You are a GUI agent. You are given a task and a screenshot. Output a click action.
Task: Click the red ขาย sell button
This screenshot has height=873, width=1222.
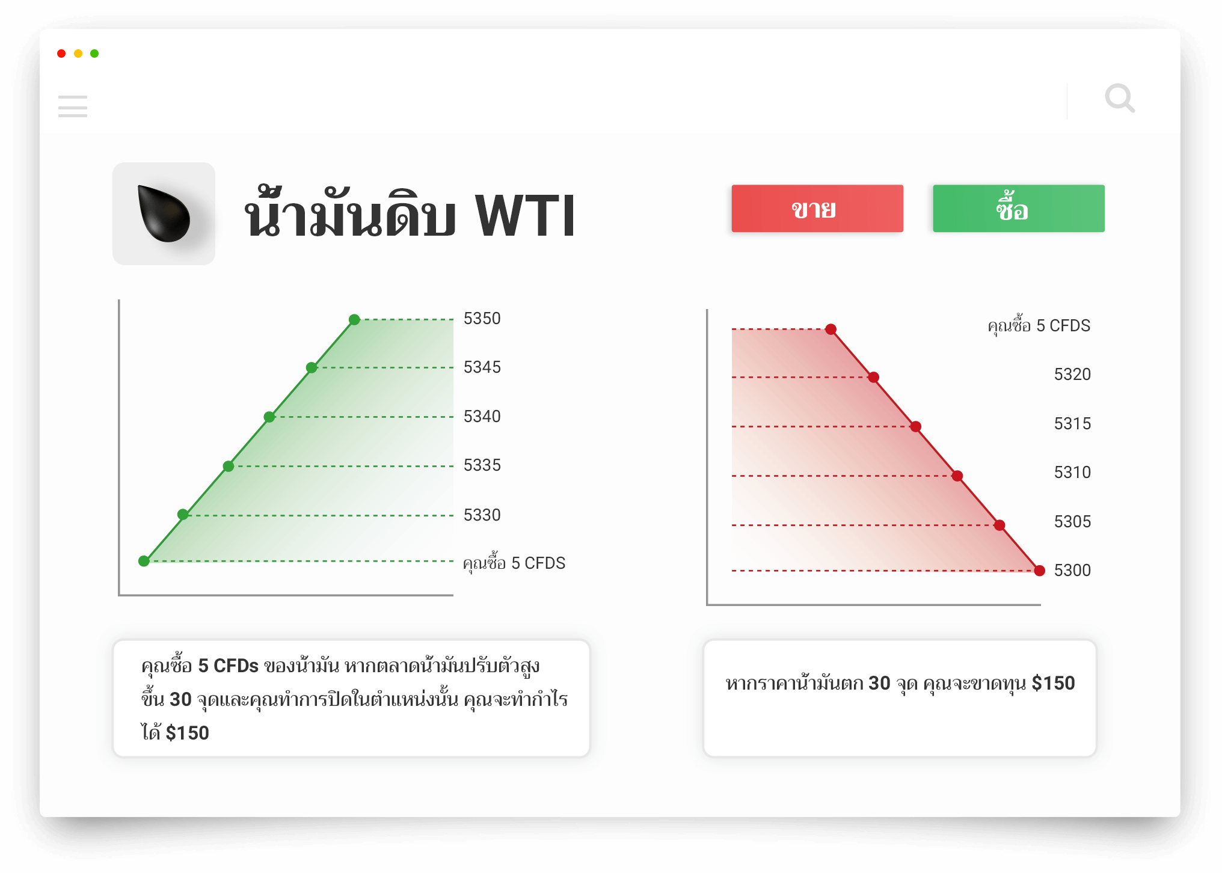point(817,209)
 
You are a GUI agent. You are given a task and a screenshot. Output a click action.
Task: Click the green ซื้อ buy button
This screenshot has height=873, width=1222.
point(1019,209)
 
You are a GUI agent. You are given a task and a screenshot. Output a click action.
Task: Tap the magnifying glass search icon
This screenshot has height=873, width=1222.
point(1120,98)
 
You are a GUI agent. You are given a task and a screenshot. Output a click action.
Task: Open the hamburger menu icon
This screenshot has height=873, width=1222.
point(73,106)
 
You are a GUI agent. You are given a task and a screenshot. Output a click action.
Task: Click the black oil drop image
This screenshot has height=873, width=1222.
point(164,213)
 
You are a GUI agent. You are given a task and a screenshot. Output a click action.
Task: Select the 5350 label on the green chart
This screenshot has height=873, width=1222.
point(482,319)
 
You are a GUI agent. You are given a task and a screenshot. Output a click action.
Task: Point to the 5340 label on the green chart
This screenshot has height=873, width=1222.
point(482,416)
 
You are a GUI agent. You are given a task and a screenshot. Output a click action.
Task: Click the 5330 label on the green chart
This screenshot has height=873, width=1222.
point(482,515)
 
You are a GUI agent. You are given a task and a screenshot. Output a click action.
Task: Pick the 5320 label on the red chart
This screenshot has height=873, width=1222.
point(1072,375)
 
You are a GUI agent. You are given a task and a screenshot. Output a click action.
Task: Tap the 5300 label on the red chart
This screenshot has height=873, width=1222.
point(1072,570)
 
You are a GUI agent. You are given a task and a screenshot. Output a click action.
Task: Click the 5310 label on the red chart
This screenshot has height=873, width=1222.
point(1072,473)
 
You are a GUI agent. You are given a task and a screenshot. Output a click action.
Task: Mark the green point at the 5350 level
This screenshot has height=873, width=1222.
point(354,319)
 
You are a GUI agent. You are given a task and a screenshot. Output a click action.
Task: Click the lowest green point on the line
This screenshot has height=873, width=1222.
point(144,561)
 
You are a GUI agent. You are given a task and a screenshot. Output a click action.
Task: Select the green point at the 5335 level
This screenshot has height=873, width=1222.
point(229,466)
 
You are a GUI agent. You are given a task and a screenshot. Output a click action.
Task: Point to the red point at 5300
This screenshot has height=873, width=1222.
point(1039,571)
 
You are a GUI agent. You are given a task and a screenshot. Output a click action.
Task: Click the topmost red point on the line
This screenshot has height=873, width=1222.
point(831,329)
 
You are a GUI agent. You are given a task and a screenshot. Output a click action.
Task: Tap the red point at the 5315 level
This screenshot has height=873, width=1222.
point(915,426)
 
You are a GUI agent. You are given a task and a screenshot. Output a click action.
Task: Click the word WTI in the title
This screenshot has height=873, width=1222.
point(525,216)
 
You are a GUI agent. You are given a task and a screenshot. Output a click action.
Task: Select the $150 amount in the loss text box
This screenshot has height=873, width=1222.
point(1053,683)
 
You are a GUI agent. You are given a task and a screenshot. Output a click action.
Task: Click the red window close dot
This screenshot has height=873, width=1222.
point(61,54)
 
